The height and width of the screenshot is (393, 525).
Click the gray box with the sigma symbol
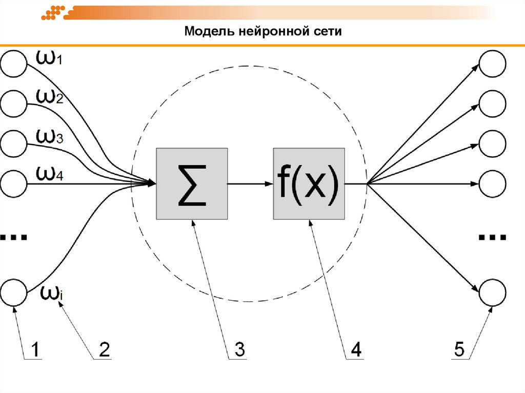(191, 184)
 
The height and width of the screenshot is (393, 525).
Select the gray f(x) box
(309, 184)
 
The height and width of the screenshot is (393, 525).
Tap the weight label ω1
(49, 58)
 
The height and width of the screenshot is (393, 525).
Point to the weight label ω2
(49, 97)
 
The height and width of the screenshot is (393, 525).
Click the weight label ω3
(49, 137)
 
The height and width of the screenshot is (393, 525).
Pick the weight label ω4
(49, 174)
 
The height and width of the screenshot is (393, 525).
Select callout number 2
(104, 350)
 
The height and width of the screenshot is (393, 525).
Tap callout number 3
(239, 350)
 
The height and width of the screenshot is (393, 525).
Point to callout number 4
(356, 350)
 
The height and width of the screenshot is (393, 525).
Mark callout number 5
(459, 350)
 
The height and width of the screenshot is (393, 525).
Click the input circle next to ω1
(14, 64)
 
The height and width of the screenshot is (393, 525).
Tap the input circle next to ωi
(14, 294)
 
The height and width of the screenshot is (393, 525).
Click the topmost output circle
(493, 65)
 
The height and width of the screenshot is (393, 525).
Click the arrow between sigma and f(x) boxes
(250, 184)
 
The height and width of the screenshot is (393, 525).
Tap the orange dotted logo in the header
(54, 13)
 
